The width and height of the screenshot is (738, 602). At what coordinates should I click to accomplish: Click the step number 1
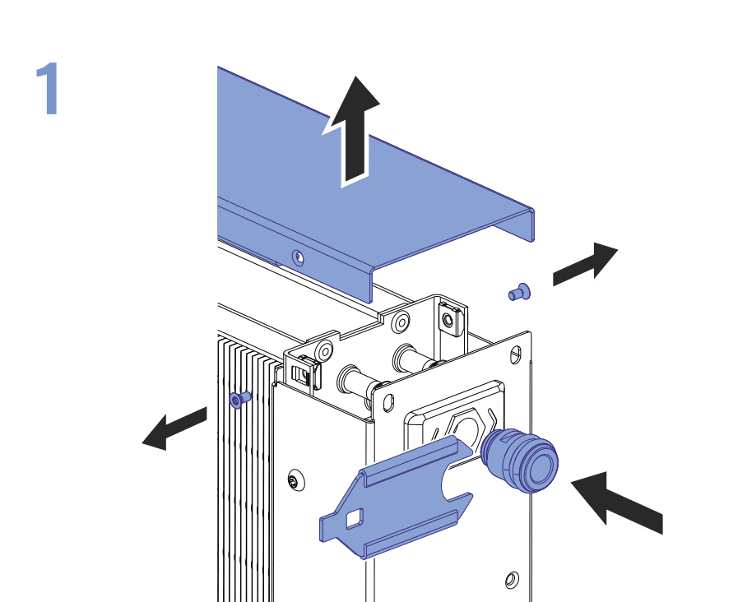click(x=48, y=90)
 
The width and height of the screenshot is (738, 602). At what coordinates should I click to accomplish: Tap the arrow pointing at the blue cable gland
click(x=617, y=499)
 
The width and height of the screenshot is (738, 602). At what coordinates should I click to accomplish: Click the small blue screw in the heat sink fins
click(x=239, y=400)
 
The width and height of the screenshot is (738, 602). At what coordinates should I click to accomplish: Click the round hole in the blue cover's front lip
click(x=298, y=257)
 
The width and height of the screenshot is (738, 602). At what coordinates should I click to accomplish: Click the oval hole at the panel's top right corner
click(x=516, y=355)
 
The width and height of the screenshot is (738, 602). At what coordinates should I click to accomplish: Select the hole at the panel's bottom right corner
click(x=512, y=578)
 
